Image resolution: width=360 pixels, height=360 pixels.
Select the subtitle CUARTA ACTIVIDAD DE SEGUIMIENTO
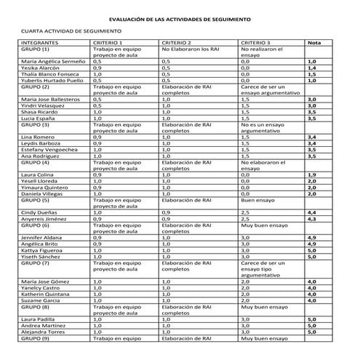pyautogui.click(x=71, y=31)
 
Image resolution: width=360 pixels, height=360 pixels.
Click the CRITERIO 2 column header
pyautogui.click(x=177, y=43)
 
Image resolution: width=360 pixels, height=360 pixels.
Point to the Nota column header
pyautogui.click(x=314, y=43)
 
